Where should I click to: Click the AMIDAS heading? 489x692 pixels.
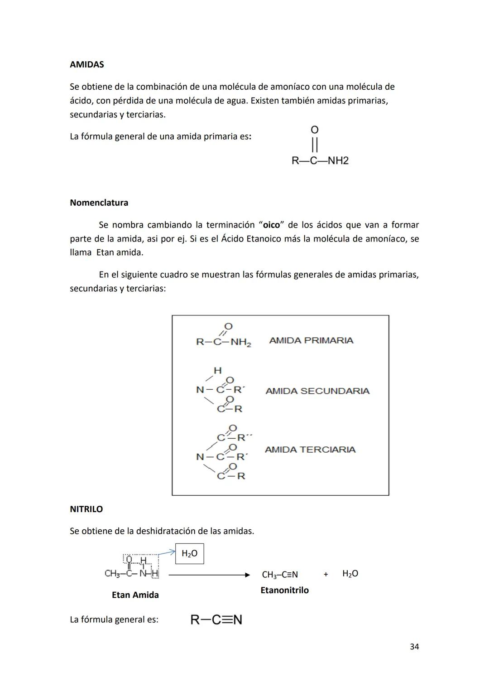tap(86, 64)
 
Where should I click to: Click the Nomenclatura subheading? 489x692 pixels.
tap(99, 203)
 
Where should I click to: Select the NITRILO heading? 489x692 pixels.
tap(86, 509)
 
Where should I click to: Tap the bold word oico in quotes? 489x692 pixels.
tap(271, 225)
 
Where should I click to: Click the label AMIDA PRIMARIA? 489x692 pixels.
tap(311, 340)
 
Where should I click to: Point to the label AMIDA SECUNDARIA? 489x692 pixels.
tap(317, 391)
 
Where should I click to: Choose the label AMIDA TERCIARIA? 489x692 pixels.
tap(310, 450)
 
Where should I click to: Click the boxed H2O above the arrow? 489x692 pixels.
tap(189, 553)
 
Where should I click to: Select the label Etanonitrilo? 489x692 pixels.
tap(284, 590)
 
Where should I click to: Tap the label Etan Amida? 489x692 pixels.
tap(135, 595)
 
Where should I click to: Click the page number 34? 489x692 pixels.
tap(414, 647)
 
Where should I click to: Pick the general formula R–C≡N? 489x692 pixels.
tap(216, 619)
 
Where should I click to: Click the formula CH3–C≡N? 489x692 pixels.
tap(280, 575)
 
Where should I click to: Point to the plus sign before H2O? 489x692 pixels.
tap(326, 574)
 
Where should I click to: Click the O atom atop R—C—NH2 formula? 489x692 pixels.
tap(315, 130)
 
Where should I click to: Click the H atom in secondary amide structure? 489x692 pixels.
tap(218, 370)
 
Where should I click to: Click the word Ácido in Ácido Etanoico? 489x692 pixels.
tap(233, 238)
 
